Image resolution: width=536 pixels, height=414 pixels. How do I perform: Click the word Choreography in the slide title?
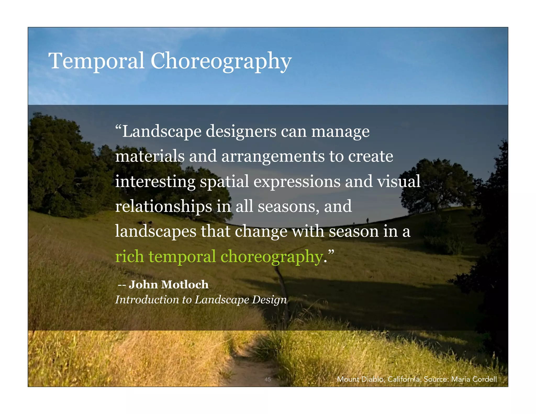click(x=221, y=61)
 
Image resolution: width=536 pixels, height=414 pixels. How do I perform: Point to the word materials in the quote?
click(x=150, y=156)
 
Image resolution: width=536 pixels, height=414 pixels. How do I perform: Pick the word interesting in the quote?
click(x=155, y=182)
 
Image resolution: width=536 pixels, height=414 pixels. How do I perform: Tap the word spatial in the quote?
click(x=224, y=182)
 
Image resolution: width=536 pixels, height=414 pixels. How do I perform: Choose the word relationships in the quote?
click(x=164, y=206)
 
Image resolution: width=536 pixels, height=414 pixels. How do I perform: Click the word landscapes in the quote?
click(x=155, y=232)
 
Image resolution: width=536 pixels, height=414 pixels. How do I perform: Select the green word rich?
click(x=129, y=256)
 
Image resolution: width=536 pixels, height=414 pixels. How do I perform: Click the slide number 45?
click(x=267, y=379)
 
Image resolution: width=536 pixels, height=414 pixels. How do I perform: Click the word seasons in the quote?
click(x=289, y=206)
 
